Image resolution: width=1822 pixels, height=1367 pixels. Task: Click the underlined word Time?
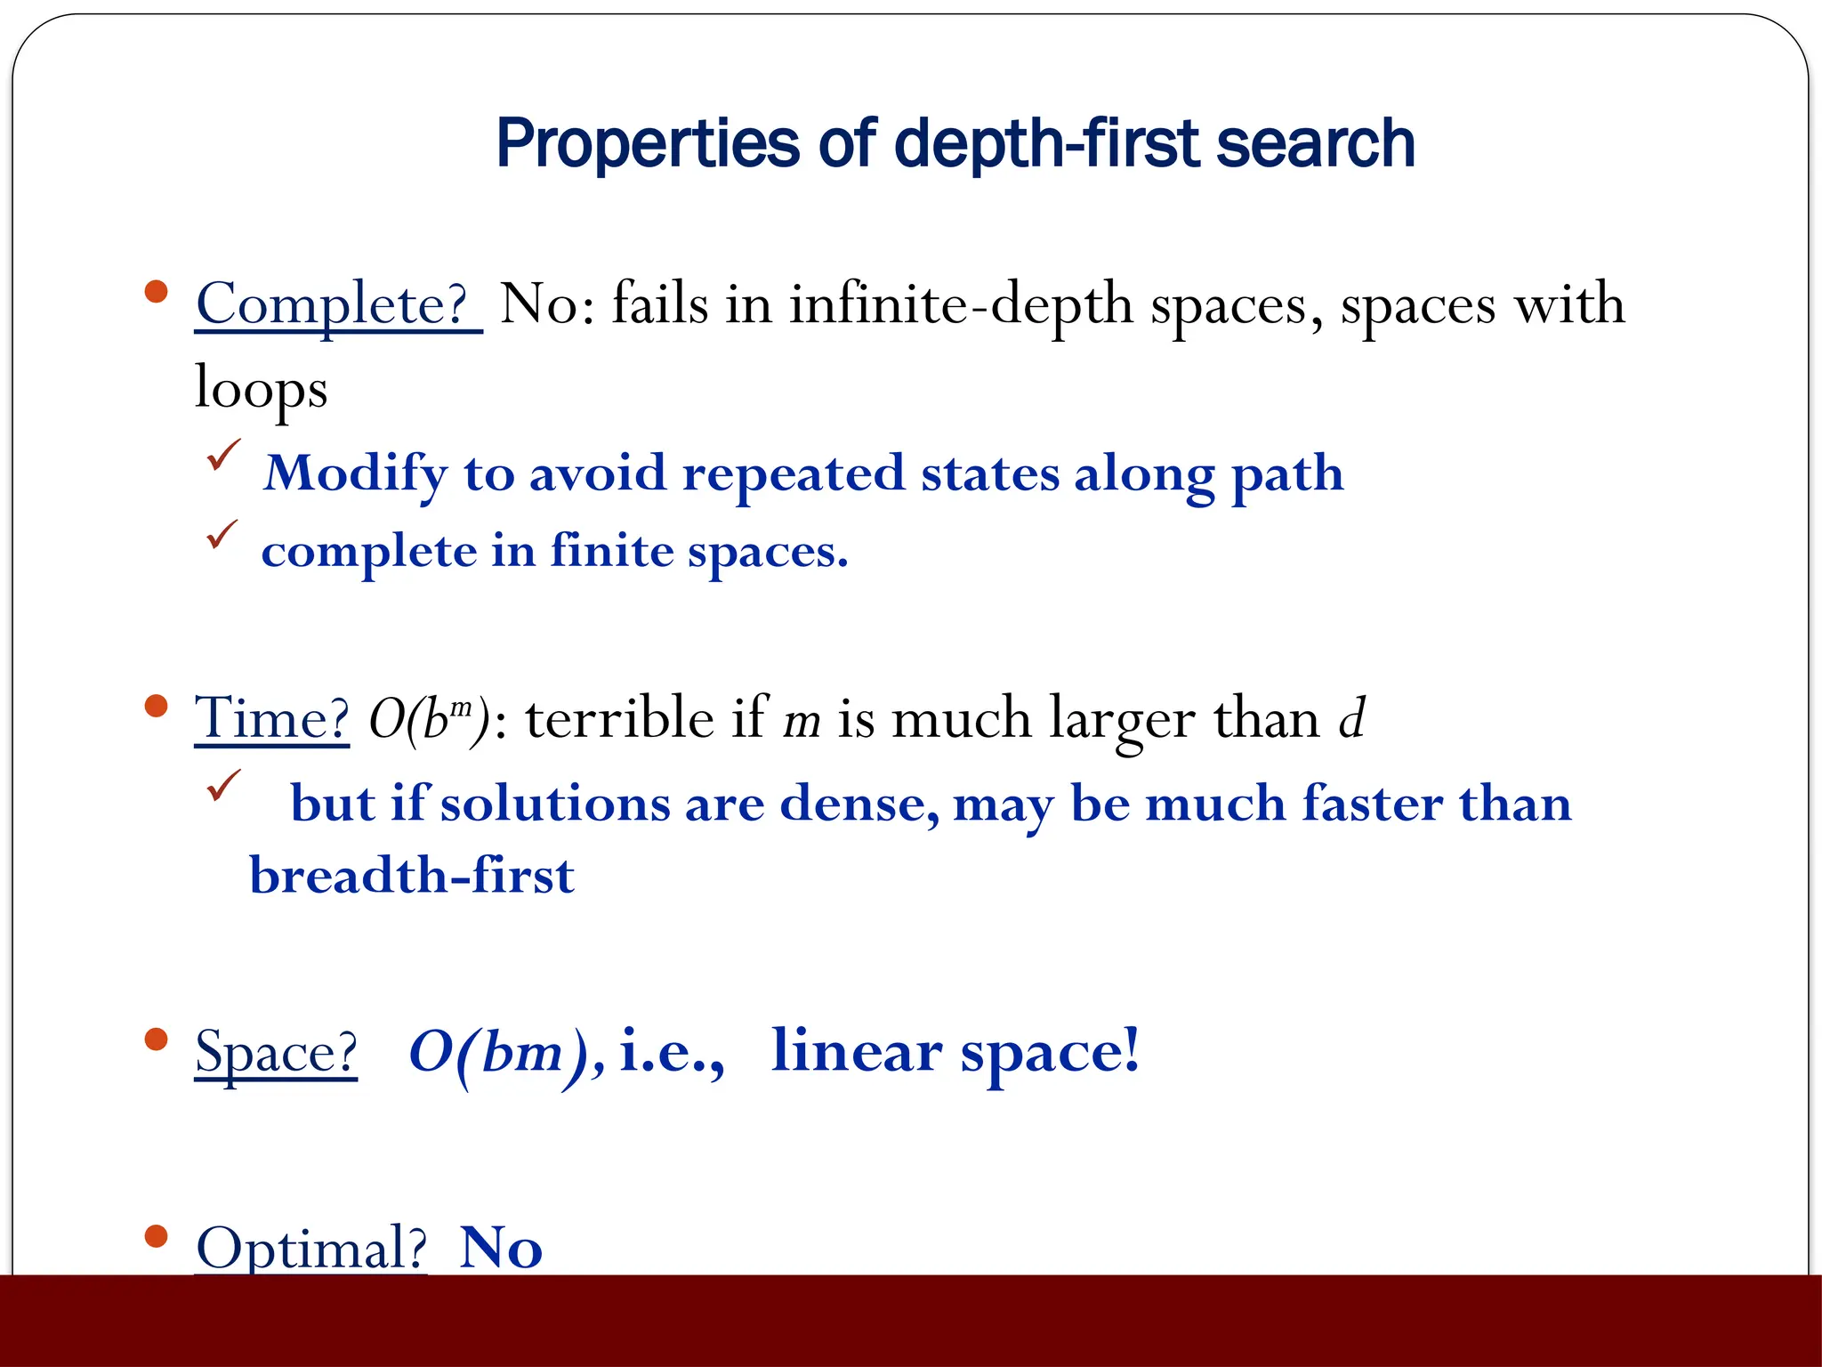tap(271, 718)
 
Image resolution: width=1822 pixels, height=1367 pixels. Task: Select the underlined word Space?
tap(276, 1052)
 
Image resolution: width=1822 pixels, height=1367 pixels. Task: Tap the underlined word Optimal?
tap(310, 1248)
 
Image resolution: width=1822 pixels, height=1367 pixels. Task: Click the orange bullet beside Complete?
tap(156, 292)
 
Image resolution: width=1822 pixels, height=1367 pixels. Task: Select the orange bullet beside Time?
tap(156, 707)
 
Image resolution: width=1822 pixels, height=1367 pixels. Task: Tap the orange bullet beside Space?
tap(156, 1039)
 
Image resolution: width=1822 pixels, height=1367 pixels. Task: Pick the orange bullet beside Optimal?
tap(156, 1236)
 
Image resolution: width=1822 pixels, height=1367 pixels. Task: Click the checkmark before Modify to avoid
tap(222, 455)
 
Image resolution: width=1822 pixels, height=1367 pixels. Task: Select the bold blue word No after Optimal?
tap(501, 1248)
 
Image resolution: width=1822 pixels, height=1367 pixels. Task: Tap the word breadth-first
tap(412, 876)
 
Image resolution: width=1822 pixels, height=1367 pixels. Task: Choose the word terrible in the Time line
tap(619, 718)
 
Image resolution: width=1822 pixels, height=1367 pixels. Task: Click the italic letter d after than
tap(1351, 718)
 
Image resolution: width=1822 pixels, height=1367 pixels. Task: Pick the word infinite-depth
tap(961, 305)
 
